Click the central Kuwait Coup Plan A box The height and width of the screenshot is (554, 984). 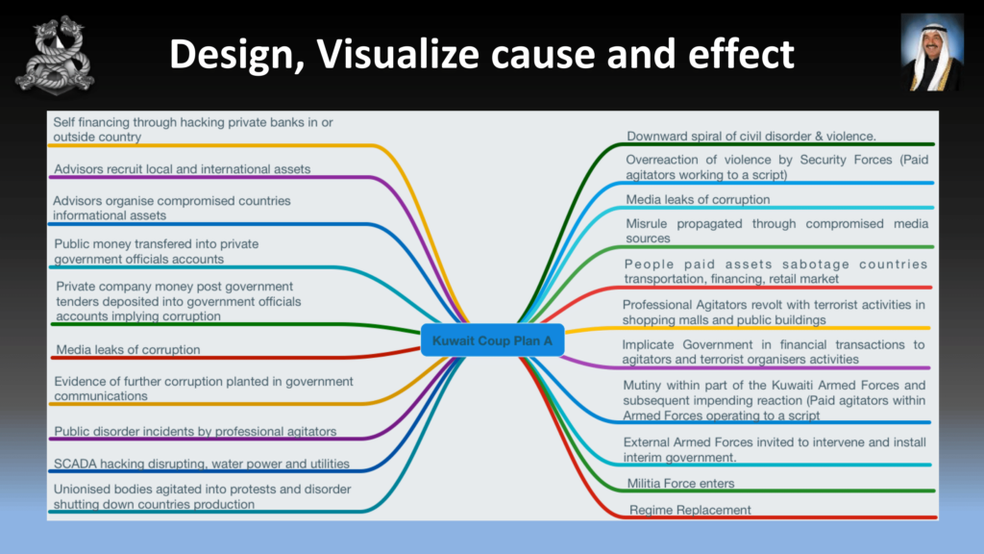pos(493,340)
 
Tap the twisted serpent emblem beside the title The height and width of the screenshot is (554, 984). pos(55,55)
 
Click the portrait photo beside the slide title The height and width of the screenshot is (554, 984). pos(932,53)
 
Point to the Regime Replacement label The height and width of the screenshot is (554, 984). pos(690,510)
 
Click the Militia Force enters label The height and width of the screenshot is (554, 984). pos(680,483)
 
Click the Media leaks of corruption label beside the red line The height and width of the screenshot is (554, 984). pos(128,350)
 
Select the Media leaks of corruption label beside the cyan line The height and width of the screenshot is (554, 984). pos(698,200)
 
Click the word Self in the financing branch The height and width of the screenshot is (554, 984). pos(63,122)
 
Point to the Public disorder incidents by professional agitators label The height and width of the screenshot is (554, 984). pos(195,432)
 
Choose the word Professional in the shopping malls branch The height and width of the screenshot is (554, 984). pos(657,305)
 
